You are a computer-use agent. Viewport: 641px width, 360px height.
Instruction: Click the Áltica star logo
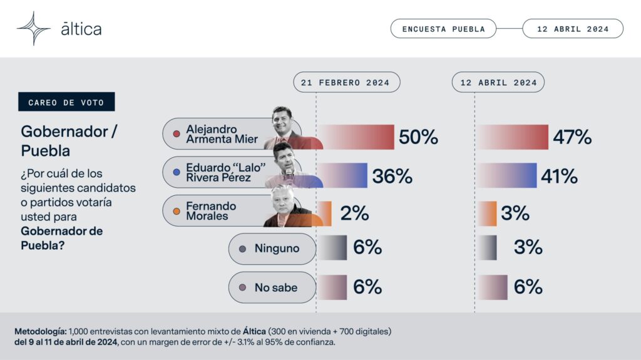click(34, 28)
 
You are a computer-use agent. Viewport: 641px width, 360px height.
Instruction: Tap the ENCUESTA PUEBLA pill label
click(443, 29)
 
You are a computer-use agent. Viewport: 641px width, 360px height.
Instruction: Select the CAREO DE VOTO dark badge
click(66, 102)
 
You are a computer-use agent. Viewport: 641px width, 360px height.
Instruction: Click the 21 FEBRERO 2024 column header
click(347, 82)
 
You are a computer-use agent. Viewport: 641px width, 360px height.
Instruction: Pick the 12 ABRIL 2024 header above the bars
click(498, 82)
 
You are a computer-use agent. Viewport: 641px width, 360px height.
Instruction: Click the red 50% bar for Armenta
click(356, 137)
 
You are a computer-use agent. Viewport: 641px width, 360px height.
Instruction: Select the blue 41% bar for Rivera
click(507, 175)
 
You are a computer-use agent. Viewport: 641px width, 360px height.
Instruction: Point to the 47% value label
click(572, 137)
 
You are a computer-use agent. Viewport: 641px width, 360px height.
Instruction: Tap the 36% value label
click(392, 176)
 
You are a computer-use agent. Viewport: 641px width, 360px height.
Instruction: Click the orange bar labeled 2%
click(325, 213)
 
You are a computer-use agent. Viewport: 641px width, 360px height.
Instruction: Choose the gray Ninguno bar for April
click(487, 247)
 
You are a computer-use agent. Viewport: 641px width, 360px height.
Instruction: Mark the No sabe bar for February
click(332, 287)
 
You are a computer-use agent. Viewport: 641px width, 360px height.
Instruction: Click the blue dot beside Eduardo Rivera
click(177, 173)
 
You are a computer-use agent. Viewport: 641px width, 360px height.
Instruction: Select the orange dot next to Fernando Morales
click(177, 212)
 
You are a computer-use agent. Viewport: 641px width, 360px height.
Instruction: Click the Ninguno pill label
click(272, 249)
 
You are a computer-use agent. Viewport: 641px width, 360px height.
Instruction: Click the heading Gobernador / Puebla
click(69, 141)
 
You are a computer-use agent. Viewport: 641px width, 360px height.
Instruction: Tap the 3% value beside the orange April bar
click(515, 213)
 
